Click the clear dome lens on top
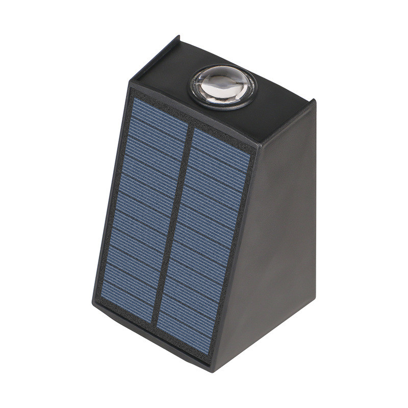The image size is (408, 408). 223,86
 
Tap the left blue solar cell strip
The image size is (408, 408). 143,204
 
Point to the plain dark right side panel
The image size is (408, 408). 275,229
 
